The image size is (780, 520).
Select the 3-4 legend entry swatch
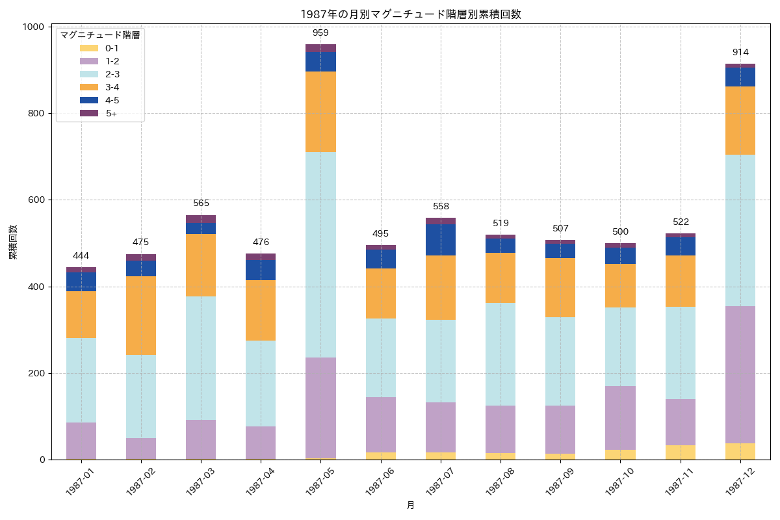point(88,87)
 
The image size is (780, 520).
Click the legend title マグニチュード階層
point(100,36)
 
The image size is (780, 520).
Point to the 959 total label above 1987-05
point(320,32)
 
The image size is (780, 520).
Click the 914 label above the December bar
point(740,52)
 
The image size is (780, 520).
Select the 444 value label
point(81,255)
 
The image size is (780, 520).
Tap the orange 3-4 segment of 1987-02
point(141,315)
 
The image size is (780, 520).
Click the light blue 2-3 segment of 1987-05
point(320,255)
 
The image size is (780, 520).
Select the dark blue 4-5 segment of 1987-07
point(441,240)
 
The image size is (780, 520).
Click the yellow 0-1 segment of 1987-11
point(681,452)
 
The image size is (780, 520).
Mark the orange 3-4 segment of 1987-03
point(201,265)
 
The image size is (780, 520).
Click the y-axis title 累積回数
point(13,242)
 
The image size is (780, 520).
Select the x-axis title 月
point(411,505)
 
